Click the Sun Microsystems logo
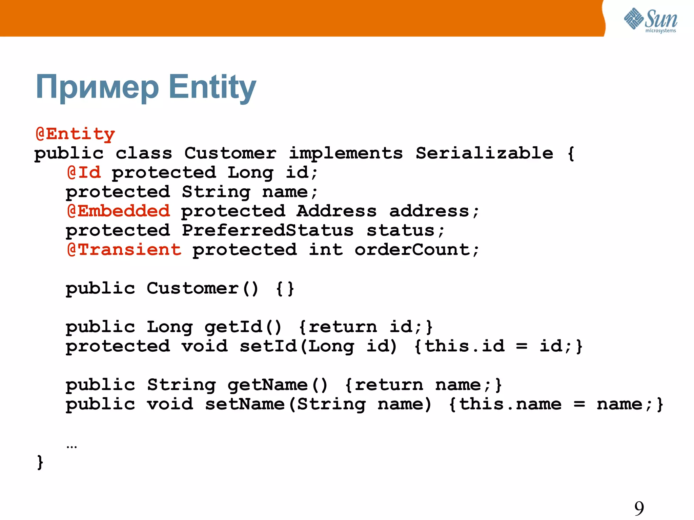pyautogui.click(x=650, y=20)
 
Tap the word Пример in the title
pyautogui.click(x=97, y=87)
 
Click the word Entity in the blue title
pyautogui.click(x=212, y=87)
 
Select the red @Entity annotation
pyautogui.click(x=75, y=134)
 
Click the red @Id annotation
pyautogui.click(x=84, y=173)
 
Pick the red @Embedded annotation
pyautogui.click(x=118, y=211)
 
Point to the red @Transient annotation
pyautogui.click(x=124, y=250)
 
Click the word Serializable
pyautogui.click(x=484, y=153)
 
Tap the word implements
pyautogui.click(x=346, y=153)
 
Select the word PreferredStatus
pyautogui.click(x=268, y=231)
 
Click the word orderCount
pyautogui.click(x=412, y=250)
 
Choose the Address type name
pyautogui.click(x=336, y=211)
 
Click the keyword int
pyautogui.click(x=326, y=250)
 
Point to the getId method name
pyautogui.click(x=233, y=327)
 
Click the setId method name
pyautogui.click(x=268, y=347)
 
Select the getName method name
pyautogui.click(x=268, y=385)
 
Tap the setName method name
pyautogui.click(x=245, y=404)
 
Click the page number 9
pyautogui.click(x=639, y=508)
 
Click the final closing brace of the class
pyautogui.click(x=40, y=462)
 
